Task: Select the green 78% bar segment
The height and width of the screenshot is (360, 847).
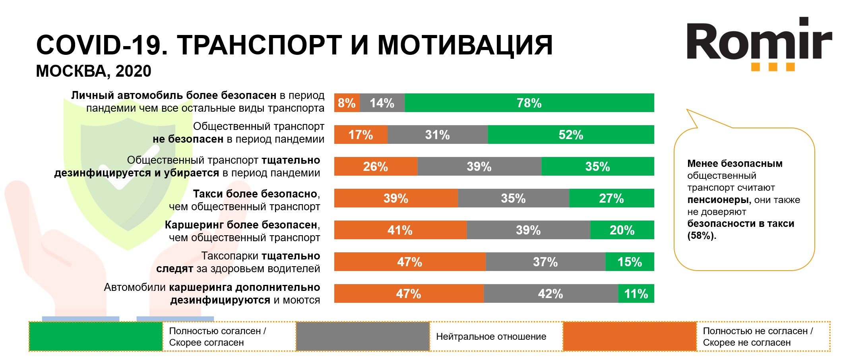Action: point(529,103)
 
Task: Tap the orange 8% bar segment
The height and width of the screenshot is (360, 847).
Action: point(347,103)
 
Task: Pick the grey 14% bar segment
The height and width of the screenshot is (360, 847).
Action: point(382,103)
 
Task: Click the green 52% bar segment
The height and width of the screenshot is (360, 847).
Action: point(571,135)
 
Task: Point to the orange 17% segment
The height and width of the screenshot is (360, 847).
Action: point(361,135)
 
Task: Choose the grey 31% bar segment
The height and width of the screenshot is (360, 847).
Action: point(437,135)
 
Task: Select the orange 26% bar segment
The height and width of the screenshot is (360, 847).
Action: point(375,166)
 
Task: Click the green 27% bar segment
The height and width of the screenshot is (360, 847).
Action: point(611,198)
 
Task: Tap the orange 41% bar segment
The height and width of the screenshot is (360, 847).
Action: point(400,230)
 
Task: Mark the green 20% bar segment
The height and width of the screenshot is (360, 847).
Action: point(622,230)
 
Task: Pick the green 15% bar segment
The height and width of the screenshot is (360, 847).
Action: point(630,262)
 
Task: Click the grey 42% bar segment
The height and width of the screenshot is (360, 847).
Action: point(550,294)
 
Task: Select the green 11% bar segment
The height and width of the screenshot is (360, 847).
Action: point(636,294)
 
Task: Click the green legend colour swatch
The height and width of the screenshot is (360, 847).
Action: point(96,337)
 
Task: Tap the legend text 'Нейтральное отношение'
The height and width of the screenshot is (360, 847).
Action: point(491,337)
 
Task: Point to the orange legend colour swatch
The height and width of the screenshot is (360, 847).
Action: point(630,337)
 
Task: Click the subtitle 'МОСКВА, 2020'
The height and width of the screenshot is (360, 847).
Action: point(93,71)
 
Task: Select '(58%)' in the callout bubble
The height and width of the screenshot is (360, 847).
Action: point(702,236)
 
